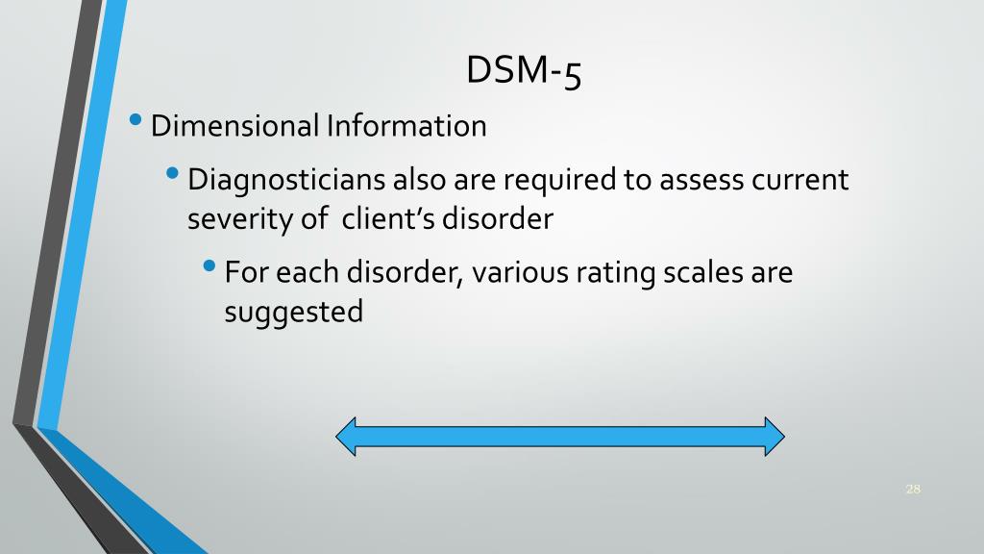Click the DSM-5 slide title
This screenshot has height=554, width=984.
click(x=524, y=71)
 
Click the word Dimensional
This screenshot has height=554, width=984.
click(x=234, y=126)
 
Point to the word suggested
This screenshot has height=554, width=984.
click(x=293, y=314)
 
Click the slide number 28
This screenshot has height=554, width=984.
click(x=913, y=490)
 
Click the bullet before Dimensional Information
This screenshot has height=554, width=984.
click(x=138, y=122)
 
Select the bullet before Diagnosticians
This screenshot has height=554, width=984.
click(x=173, y=175)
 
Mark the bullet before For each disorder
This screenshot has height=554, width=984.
click(x=210, y=268)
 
